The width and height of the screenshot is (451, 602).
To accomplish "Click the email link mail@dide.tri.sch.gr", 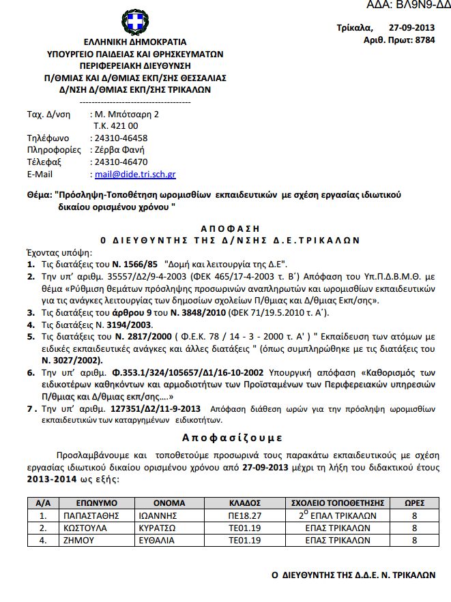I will [135, 175].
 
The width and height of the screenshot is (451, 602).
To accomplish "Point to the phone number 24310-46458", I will [121, 138].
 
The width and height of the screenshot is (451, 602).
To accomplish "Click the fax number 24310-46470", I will [121, 162].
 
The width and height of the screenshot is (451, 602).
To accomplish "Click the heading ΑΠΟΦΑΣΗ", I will [231, 228].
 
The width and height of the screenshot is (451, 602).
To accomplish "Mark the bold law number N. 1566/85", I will [135, 262].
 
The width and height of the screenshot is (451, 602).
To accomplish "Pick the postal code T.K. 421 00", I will [116, 126].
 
